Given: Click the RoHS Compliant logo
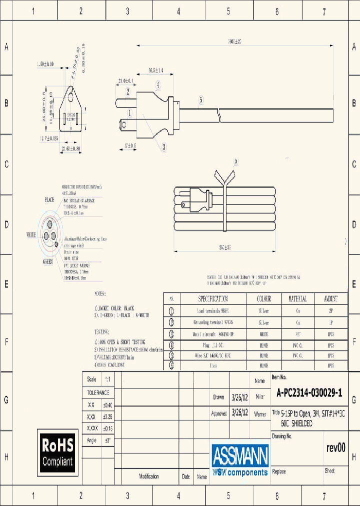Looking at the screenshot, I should [57, 452].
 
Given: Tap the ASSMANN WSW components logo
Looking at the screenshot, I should [240, 460].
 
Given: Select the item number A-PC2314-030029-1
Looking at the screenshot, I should [309, 393].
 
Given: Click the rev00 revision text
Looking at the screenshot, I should [335, 448].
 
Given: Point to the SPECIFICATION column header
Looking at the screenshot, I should [212, 298].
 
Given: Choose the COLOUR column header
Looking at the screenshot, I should [263, 298].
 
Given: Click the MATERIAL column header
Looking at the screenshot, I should [297, 298].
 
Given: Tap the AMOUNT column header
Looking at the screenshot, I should [330, 298].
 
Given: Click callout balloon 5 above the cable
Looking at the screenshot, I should [201, 100].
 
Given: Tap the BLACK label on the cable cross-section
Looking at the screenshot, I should [49, 200].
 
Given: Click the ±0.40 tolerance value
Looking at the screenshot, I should [108, 404].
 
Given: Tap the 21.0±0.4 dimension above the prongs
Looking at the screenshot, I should [125, 81].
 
